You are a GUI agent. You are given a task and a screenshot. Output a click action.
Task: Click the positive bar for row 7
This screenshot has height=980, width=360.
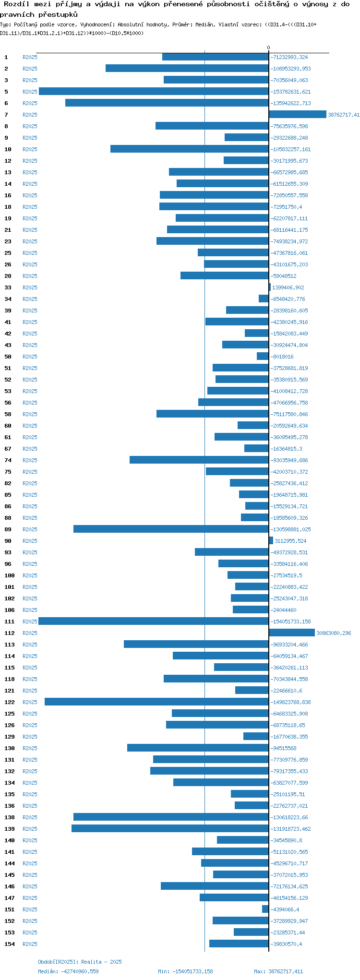(x=298, y=114)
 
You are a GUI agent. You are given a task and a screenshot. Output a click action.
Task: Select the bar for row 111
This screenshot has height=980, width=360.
(x=154, y=621)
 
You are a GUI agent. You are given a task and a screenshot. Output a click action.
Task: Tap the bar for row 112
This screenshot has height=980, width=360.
(x=292, y=633)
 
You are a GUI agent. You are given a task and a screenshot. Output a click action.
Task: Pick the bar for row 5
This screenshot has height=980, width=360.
(x=154, y=91)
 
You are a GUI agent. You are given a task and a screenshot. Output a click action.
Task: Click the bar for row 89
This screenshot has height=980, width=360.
(x=171, y=529)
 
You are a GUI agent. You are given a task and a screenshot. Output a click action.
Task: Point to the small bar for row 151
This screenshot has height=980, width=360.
(x=265, y=909)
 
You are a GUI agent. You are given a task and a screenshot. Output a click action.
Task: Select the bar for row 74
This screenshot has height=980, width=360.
(x=199, y=460)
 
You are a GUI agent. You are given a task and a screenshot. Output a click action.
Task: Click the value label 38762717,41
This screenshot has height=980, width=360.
(x=343, y=115)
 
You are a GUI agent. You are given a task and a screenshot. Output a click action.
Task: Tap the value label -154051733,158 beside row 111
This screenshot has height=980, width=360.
(x=290, y=621)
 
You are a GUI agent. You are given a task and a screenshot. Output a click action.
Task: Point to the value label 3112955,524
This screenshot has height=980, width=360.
(x=290, y=541)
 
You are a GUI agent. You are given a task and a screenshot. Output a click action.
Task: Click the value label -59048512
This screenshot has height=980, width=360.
(x=283, y=276)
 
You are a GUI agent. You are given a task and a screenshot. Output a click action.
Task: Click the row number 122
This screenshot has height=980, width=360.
(x=10, y=702)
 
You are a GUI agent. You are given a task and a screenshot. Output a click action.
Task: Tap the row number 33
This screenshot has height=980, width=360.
(x=8, y=287)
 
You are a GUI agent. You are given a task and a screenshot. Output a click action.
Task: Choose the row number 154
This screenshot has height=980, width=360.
(x=10, y=944)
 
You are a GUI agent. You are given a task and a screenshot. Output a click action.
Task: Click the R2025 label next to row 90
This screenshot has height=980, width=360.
(x=30, y=541)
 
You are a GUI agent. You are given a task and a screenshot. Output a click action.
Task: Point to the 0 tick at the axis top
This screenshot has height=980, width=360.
(x=269, y=48)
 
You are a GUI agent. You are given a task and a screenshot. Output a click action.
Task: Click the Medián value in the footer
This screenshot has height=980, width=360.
(x=68, y=971)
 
